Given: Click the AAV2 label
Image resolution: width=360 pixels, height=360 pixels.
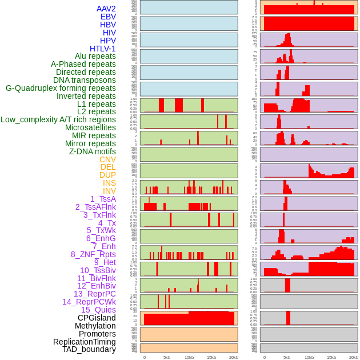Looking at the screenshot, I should coord(106,9).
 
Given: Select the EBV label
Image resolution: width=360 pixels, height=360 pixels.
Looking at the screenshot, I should coord(108,17).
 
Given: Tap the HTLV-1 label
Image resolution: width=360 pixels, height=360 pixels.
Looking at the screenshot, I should coord(103,49).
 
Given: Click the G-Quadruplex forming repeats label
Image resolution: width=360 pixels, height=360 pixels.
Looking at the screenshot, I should coord(61,88).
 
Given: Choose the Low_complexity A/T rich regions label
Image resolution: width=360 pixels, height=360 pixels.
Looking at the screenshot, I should coord(58,119).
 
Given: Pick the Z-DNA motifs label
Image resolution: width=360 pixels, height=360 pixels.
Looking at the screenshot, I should coord(93,151).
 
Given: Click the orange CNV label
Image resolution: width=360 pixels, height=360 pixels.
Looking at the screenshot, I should coord(107,159).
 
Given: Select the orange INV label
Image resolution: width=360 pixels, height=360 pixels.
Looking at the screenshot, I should coord(109,191).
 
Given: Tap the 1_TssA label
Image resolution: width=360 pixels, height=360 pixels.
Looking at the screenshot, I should coord(103,199).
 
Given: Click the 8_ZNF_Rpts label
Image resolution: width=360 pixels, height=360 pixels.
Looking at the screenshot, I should coord(93,254).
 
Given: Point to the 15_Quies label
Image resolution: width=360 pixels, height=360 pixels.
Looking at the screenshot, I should coord(98,310).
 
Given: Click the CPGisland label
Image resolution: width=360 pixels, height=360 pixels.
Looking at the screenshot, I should coord(97,318).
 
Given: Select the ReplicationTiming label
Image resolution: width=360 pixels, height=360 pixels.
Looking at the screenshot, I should coord(85,342).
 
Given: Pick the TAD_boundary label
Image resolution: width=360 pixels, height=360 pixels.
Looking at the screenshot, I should coord(89,349).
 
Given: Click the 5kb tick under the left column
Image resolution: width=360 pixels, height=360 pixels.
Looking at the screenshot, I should coord(167,357).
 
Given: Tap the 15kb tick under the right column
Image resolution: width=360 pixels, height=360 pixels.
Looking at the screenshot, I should coord(331,357).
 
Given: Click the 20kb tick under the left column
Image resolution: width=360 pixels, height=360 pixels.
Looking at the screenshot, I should coord(234,357).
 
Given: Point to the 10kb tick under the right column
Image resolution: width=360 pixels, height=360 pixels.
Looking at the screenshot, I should coord(309,357).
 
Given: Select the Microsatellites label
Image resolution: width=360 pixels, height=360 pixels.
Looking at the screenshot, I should coord(90,127).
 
